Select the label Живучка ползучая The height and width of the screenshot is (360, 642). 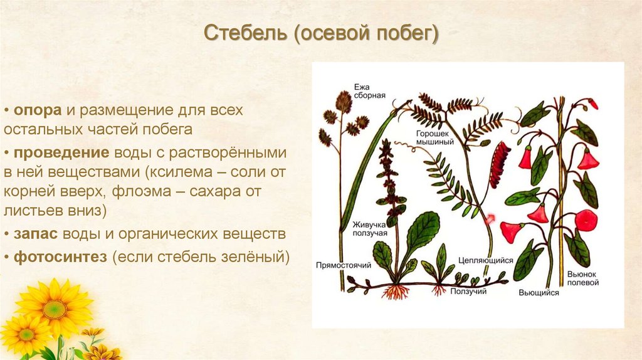coord(370,229)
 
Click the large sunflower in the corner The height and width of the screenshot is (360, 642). coord(55,307)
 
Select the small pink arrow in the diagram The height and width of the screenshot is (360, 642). coord(489,219)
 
